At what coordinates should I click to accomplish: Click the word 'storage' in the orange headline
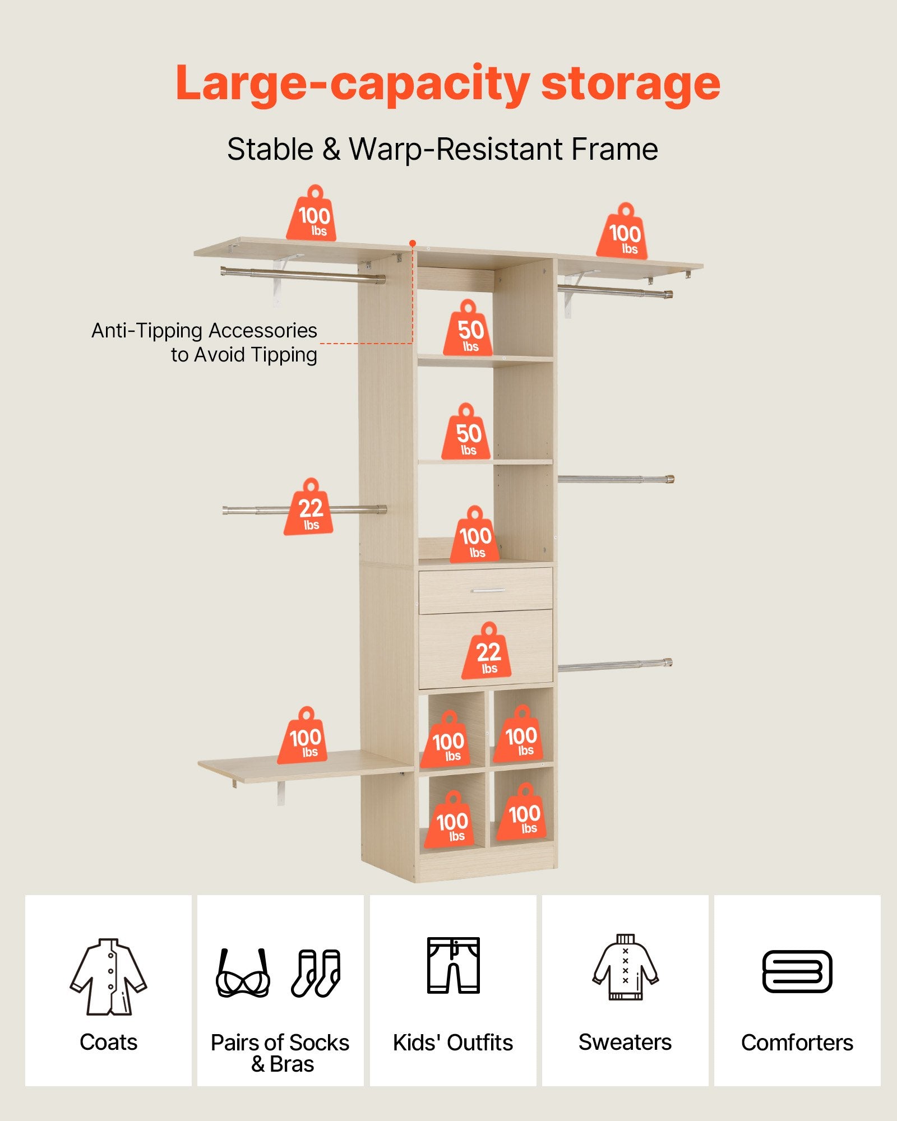tap(631, 84)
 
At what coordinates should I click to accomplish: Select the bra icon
tap(243, 973)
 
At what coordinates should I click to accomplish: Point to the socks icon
tap(316, 973)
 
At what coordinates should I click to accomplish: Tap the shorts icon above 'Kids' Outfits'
tap(454, 965)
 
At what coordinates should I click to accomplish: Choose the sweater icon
tap(625, 967)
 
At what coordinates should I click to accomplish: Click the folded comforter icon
tap(797, 971)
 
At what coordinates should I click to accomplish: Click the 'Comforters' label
tap(797, 1043)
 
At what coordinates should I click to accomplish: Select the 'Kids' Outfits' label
tap(453, 1043)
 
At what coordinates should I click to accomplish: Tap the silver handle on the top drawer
tap(488, 591)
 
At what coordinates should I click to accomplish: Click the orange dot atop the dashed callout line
tap(413, 243)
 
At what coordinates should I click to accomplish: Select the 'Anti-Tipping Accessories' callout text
tap(204, 331)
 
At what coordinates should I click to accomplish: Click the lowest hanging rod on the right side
tap(616, 665)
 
